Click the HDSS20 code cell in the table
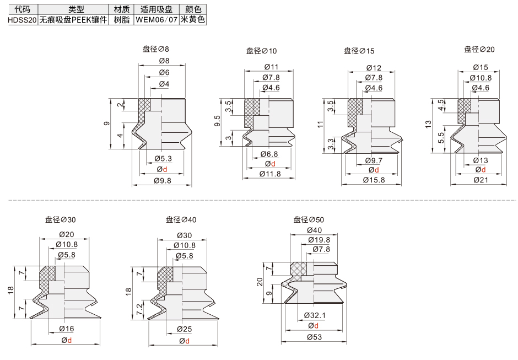[22, 20]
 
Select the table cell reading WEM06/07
[157, 20]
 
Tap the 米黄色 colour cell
[193, 20]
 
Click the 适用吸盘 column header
[157, 9]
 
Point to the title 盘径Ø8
[155, 49]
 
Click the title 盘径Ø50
[309, 220]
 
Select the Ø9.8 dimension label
[163, 181]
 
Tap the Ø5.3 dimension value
[163, 159]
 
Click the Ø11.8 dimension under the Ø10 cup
[270, 174]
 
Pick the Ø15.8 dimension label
[374, 180]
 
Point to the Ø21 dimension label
[481, 180]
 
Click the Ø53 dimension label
[314, 337]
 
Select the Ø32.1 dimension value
[315, 316]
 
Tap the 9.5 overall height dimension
[217, 121]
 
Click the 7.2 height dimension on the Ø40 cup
[140, 308]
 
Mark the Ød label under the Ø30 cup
[66, 340]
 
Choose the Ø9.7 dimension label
[374, 161]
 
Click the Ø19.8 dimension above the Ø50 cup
[319, 240]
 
